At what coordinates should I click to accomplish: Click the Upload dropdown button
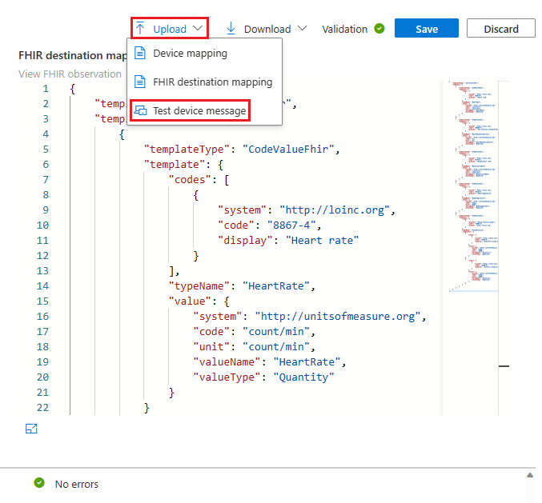click(x=170, y=29)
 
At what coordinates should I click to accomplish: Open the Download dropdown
click(x=267, y=29)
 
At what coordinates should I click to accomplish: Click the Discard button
click(x=501, y=29)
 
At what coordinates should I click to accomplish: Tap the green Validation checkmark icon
click(x=379, y=29)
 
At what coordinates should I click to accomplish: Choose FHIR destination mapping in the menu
click(x=212, y=82)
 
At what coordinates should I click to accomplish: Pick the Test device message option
click(x=199, y=110)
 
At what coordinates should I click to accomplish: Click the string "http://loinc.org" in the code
click(x=337, y=210)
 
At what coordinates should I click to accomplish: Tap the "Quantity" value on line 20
click(x=303, y=377)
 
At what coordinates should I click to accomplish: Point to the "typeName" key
click(x=197, y=285)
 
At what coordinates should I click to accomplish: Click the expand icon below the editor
click(x=31, y=429)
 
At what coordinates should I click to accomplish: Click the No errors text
click(x=76, y=484)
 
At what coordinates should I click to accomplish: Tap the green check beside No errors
click(x=38, y=483)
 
